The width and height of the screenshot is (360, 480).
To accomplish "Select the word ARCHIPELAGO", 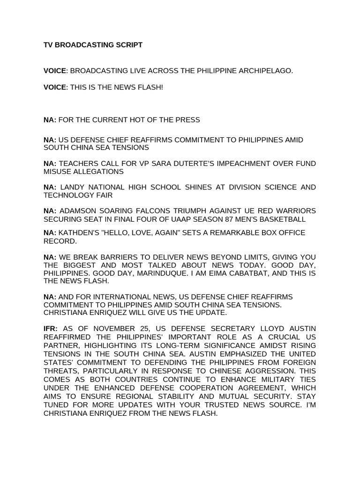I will [x=267, y=71].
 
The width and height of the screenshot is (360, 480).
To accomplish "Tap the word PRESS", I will [x=187, y=120].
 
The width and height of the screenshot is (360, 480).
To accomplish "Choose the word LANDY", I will [x=72, y=187].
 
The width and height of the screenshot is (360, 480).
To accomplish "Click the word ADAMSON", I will [x=78, y=211].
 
